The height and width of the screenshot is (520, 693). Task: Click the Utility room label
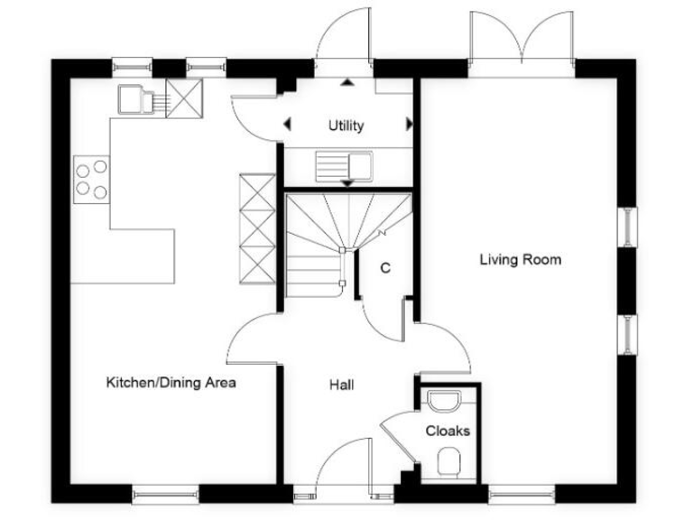(x=346, y=125)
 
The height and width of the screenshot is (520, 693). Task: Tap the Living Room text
(x=520, y=260)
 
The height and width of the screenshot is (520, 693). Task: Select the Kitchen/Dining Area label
(x=171, y=383)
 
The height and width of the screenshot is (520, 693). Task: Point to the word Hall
(x=341, y=385)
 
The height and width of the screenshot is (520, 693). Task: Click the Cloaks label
(x=448, y=431)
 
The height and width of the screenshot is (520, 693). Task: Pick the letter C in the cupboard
(x=385, y=268)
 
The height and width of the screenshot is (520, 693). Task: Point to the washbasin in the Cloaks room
(x=444, y=400)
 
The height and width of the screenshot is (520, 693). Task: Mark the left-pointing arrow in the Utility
(x=288, y=125)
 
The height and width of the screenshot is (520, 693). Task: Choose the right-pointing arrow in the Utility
(x=409, y=125)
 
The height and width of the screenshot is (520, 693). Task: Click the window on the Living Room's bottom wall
(x=521, y=493)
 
